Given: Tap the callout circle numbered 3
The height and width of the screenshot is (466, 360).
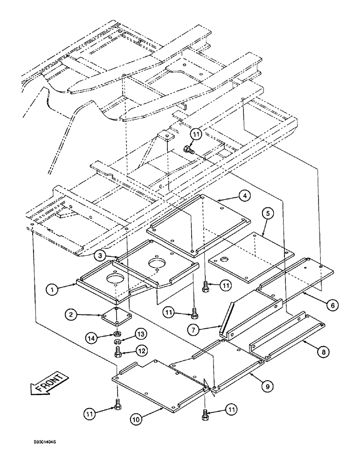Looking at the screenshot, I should tap(99, 255).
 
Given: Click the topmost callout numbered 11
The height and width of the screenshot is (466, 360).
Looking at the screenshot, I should tap(196, 134).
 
